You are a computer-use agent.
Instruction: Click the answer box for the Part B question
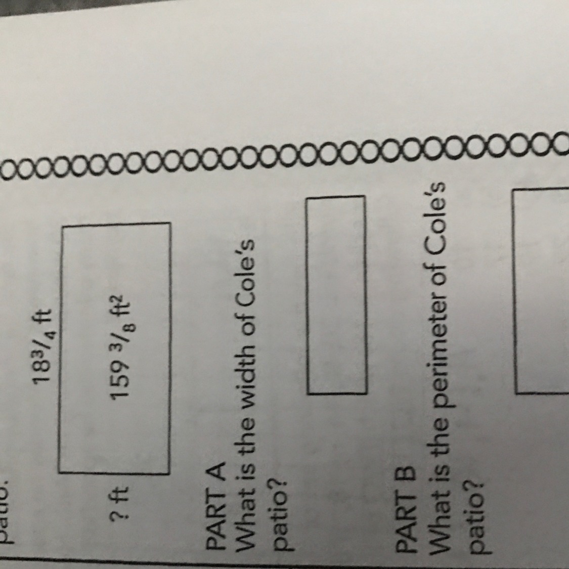[x=541, y=291]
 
